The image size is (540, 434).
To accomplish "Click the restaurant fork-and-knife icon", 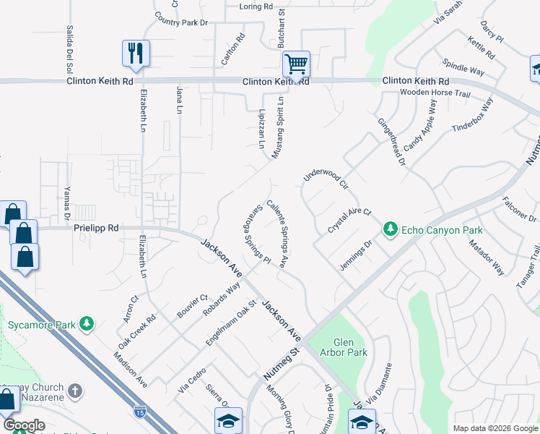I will click(135, 52).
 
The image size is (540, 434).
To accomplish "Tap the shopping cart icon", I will click(296, 64).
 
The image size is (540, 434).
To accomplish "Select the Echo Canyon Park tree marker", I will click(391, 229).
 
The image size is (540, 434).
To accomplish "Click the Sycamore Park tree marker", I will click(87, 323).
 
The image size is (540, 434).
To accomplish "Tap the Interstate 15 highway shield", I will click(139, 412).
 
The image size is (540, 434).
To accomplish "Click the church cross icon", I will click(75, 391).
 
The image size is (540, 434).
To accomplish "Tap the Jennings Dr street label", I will click(356, 255).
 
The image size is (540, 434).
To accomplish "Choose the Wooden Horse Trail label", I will click(435, 93).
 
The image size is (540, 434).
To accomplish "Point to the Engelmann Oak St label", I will click(232, 323).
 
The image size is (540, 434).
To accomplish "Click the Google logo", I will click(24, 425).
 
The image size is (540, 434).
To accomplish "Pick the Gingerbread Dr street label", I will click(391, 142).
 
